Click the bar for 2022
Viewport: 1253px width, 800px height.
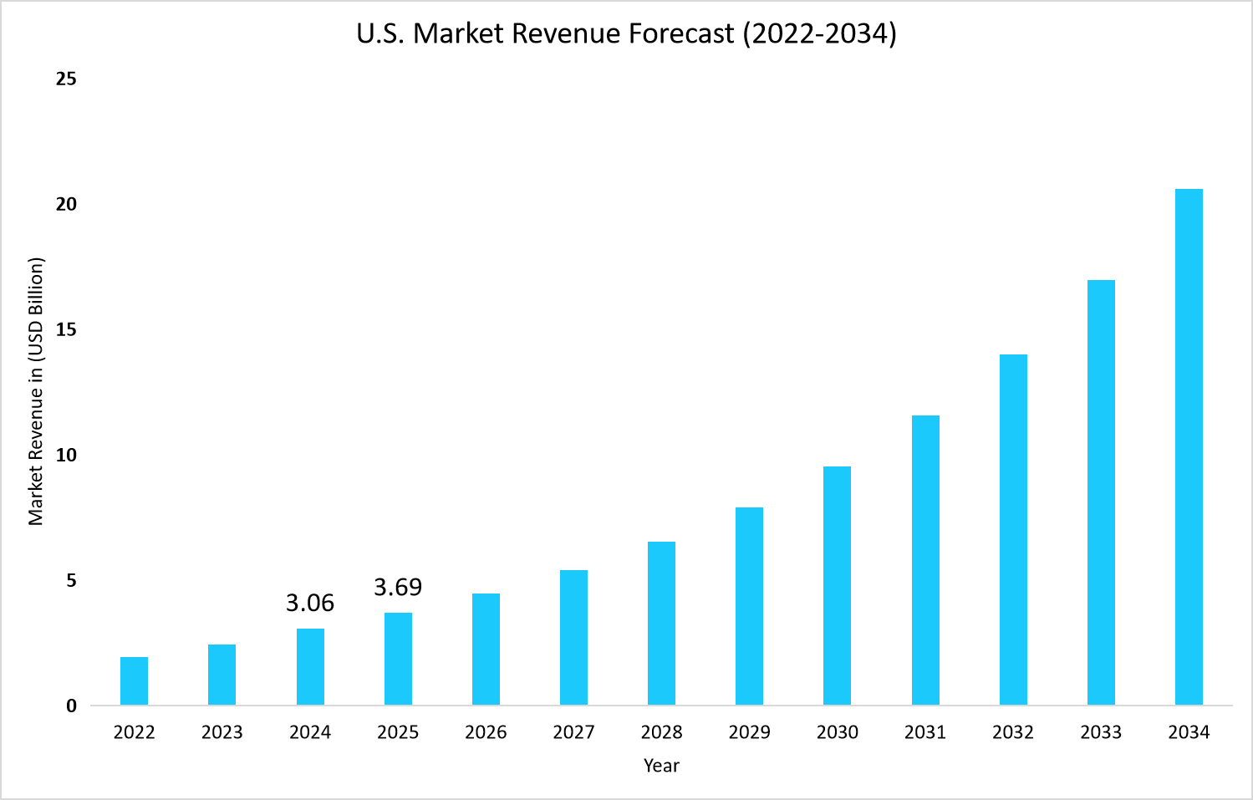134,680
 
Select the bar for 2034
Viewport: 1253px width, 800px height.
1189,446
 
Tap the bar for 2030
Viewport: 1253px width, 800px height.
837,585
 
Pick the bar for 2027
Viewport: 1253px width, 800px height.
573,637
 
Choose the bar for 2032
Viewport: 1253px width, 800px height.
1013,529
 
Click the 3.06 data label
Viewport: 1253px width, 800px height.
310,603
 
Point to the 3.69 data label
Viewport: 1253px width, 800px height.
398,588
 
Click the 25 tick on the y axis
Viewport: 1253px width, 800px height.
66,79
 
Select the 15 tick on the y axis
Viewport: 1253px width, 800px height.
66,330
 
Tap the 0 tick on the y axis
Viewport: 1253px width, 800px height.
71,706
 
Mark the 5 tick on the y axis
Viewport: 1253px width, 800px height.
71,581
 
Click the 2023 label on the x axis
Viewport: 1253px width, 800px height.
222,732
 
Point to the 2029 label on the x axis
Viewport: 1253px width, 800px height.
749,732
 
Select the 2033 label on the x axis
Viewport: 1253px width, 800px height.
1101,732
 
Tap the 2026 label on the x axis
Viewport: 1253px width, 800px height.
486,732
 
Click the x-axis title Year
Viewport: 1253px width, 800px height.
661,766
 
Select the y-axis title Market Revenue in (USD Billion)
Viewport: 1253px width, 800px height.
36,391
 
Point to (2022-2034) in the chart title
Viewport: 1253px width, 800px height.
819,33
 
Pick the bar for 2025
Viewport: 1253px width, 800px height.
398,659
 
